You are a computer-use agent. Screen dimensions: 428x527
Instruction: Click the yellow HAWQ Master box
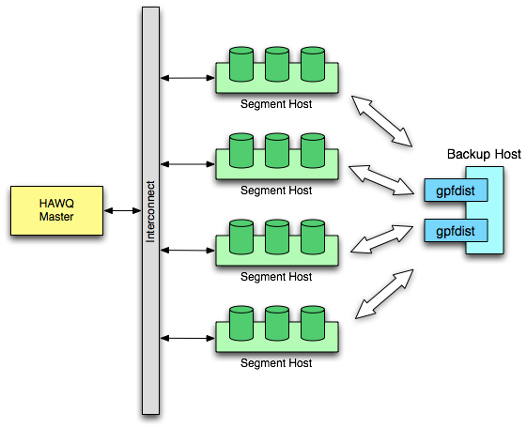56,210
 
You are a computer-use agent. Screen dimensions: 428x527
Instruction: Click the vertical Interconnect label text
151,212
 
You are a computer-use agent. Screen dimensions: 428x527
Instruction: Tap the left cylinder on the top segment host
241,65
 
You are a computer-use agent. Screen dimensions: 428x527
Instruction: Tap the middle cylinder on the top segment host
277,65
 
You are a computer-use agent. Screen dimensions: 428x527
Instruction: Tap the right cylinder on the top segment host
313,65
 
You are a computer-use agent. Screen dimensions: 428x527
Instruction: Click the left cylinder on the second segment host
241,151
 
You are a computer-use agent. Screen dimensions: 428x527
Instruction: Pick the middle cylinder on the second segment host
277,151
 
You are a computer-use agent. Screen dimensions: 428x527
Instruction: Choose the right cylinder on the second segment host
313,151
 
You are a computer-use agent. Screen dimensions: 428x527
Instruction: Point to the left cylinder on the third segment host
241,237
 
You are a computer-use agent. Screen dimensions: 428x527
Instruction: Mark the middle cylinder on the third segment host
277,237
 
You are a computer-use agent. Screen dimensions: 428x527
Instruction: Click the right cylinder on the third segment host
313,237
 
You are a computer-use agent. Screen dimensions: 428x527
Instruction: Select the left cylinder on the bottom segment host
241,324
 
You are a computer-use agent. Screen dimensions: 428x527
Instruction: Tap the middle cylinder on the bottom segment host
277,324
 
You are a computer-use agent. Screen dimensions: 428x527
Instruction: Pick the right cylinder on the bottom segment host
313,324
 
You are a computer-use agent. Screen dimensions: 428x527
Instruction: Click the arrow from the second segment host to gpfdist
382,180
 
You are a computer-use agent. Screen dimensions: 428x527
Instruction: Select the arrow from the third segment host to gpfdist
382,238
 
